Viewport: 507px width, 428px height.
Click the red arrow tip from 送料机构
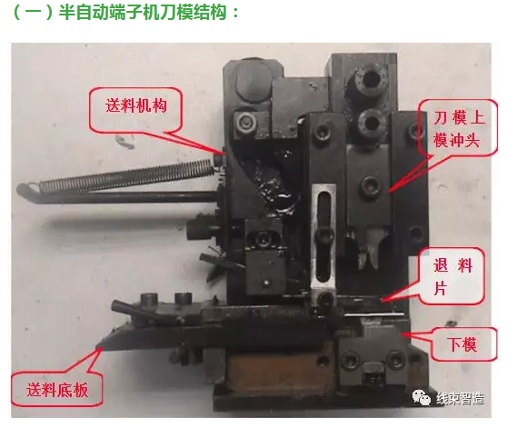point(221,152)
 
